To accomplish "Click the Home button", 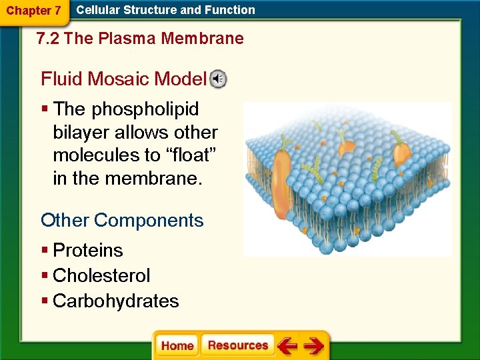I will [177, 345].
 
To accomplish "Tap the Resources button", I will [238, 345].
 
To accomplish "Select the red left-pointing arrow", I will [287, 346].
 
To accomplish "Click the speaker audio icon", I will [219, 79].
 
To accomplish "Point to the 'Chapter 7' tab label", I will [33, 11].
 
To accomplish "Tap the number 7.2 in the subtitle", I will [49, 39].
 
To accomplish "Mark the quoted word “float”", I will [192, 155].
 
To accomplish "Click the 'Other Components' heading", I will [122, 220].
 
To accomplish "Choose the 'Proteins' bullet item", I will [87, 251].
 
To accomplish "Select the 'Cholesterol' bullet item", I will [101, 275].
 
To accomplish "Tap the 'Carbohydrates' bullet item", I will [115, 301].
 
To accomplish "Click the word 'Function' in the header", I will [230, 10].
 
